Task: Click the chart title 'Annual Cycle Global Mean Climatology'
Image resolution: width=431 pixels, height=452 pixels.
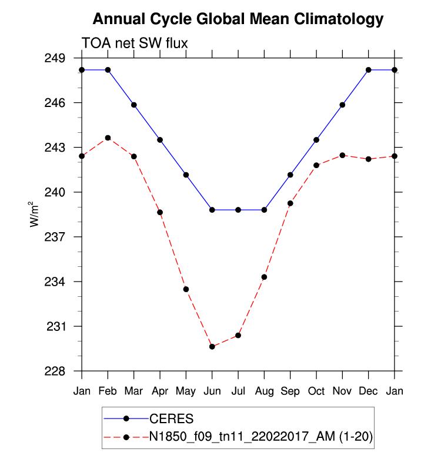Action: click(238, 19)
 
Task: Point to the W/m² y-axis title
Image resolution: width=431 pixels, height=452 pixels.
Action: click(36, 215)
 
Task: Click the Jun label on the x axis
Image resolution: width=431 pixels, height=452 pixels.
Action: click(212, 391)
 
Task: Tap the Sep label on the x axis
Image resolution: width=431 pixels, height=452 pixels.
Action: click(290, 391)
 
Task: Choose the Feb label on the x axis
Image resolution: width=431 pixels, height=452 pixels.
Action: click(108, 391)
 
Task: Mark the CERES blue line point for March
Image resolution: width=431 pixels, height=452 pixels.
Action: click(134, 105)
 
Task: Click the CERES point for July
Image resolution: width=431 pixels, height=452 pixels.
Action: click(238, 210)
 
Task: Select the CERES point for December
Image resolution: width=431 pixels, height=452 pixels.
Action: click(368, 70)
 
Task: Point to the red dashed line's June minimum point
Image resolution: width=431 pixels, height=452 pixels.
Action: click(212, 347)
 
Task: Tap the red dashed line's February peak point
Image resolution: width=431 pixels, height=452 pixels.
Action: click(108, 138)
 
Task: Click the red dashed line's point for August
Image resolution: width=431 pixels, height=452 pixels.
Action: click(264, 277)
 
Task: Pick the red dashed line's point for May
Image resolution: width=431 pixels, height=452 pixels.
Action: click(186, 289)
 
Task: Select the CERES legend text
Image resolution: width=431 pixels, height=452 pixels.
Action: click(171, 418)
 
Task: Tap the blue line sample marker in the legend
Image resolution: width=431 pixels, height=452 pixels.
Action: click(126, 418)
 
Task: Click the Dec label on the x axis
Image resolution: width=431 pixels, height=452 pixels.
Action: click(368, 391)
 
